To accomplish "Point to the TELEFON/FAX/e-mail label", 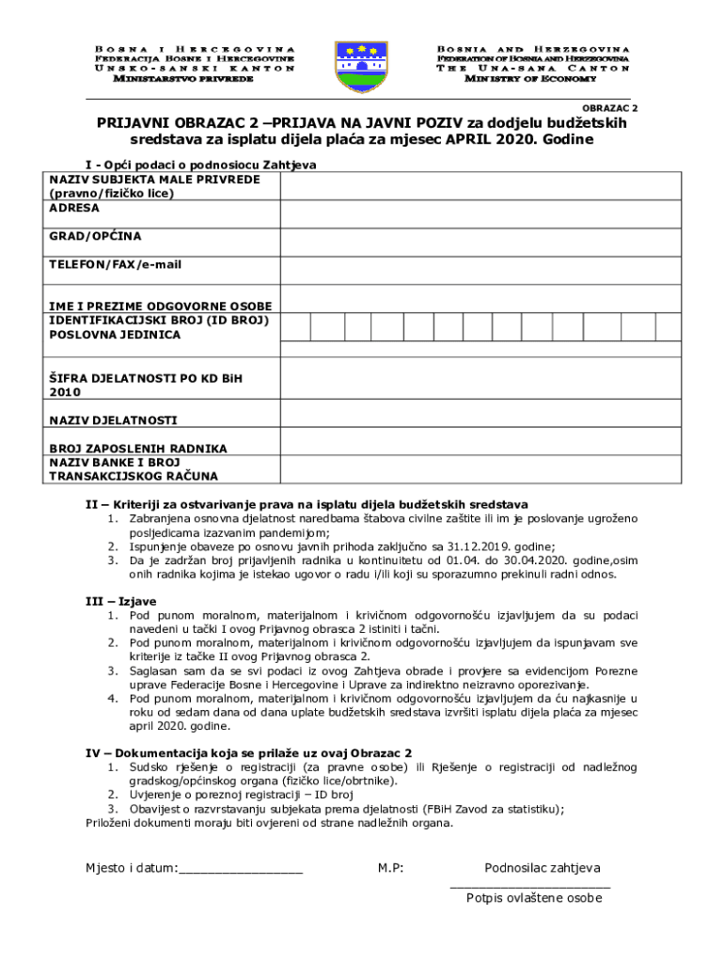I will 115,264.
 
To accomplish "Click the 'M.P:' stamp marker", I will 391,868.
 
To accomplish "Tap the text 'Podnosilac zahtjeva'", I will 543,868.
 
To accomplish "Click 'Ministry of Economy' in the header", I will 533,79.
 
